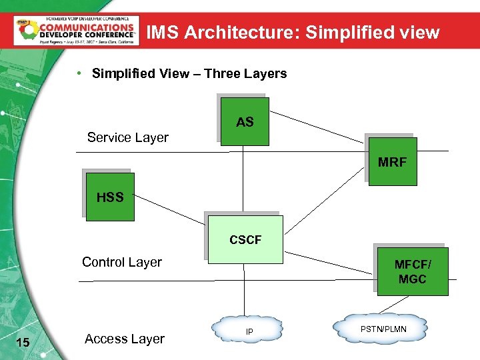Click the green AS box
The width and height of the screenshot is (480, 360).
(x=245, y=122)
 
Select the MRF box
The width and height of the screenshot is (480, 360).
(x=392, y=161)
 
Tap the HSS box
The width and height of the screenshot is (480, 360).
(x=110, y=197)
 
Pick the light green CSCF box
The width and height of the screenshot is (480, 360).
(x=245, y=239)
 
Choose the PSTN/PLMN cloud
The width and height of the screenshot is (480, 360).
(x=383, y=329)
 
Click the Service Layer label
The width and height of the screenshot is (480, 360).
(x=128, y=137)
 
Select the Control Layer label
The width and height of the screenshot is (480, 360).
(x=122, y=262)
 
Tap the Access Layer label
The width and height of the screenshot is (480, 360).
(x=125, y=339)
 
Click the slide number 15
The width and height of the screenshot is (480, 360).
(x=22, y=342)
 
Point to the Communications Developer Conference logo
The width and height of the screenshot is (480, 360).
(x=76, y=30)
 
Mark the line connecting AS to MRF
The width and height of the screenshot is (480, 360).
(x=317, y=127)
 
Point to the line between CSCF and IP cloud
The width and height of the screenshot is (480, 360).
(x=245, y=290)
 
